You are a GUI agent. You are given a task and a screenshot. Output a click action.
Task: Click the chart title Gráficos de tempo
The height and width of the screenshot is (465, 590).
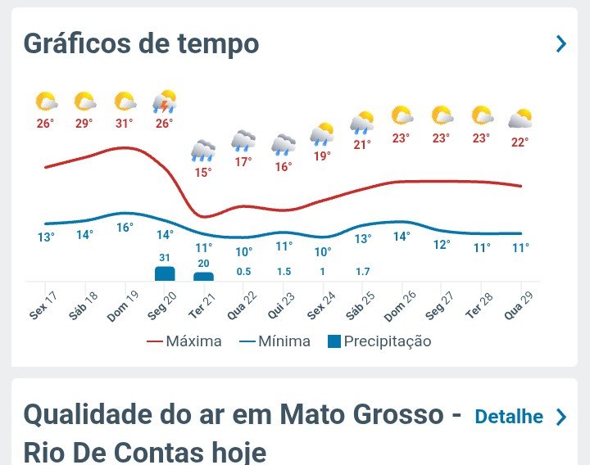pyautogui.click(x=141, y=43)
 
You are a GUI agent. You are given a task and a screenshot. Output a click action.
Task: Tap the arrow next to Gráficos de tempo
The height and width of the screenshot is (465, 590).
pyautogui.click(x=560, y=43)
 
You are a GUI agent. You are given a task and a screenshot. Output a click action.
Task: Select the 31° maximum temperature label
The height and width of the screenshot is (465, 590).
pyautogui.click(x=125, y=124)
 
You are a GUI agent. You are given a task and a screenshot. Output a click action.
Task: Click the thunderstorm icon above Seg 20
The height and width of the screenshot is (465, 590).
pyautogui.click(x=165, y=102)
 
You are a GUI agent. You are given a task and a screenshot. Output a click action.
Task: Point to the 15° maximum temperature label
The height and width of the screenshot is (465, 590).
pyautogui.click(x=202, y=173)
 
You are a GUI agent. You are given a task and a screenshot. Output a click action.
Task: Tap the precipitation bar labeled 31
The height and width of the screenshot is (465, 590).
pyautogui.click(x=165, y=273)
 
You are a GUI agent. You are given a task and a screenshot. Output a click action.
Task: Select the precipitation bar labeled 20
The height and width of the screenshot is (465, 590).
pyautogui.click(x=203, y=277)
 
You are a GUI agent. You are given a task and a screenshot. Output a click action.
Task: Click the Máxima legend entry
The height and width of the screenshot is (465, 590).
pyautogui.click(x=184, y=341)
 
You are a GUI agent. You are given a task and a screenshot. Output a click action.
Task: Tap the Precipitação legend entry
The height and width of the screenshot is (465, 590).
pyautogui.click(x=379, y=341)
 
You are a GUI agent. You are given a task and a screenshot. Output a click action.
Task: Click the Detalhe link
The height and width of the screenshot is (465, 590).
pyautogui.click(x=509, y=417)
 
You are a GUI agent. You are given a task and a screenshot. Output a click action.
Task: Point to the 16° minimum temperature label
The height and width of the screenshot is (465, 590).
pyautogui.click(x=125, y=228)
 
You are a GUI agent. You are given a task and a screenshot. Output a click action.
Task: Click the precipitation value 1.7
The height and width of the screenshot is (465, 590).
pyautogui.click(x=362, y=271)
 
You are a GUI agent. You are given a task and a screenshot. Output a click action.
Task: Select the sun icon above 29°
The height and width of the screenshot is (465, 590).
pyautogui.click(x=85, y=102)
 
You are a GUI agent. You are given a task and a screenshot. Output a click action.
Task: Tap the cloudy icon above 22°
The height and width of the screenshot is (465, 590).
pyautogui.click(x=520, y=120)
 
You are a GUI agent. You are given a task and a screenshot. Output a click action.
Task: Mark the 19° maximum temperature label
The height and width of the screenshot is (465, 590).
pyautogui.click(x=322, y=156)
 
